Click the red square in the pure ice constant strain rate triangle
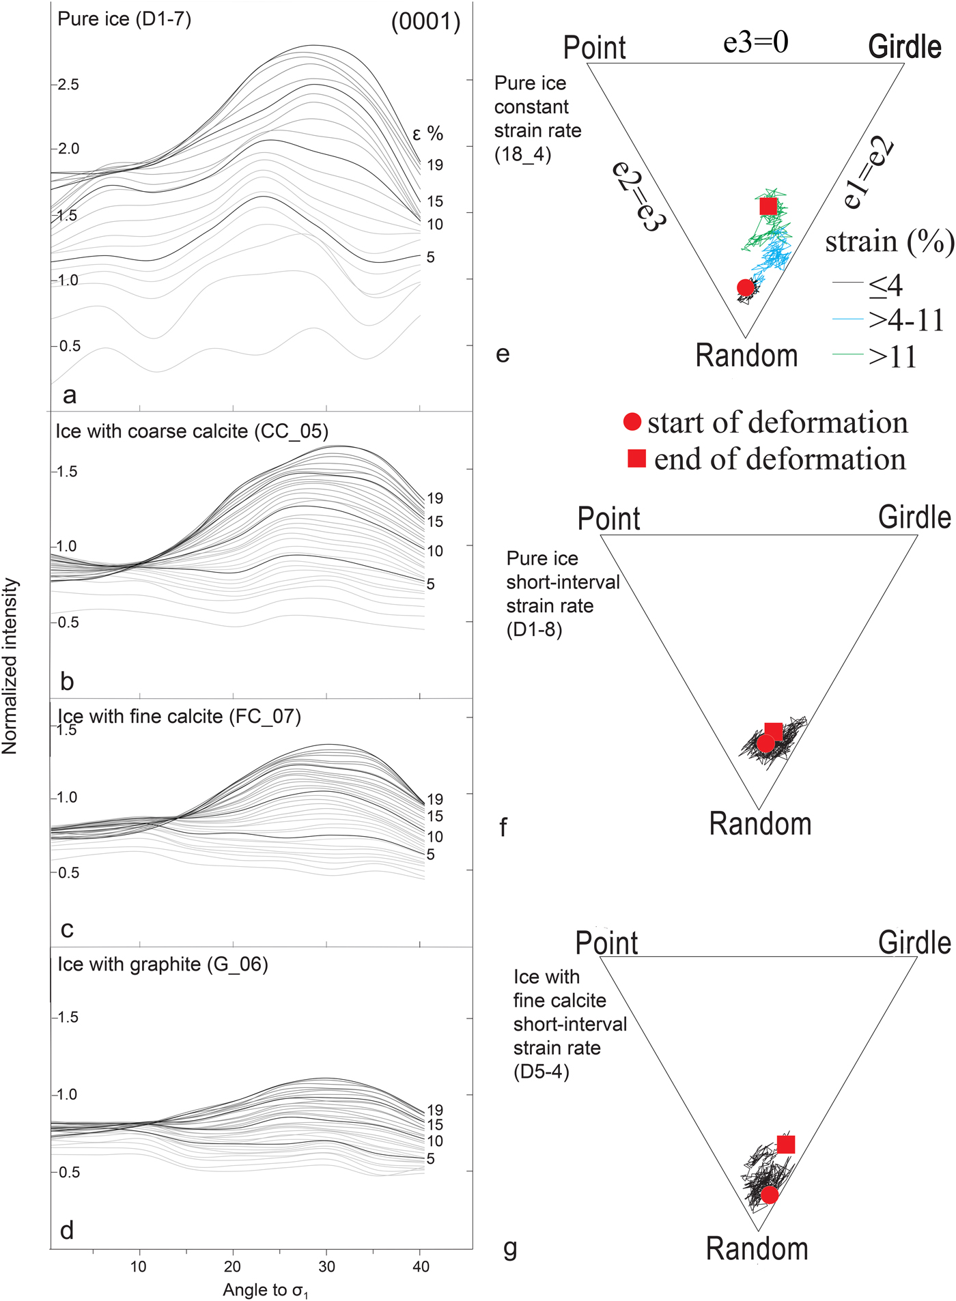(x=768, y=205)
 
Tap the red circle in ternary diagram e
(x=746, y=288)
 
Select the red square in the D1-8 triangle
(x=773, y=732)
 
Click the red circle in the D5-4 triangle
(x=770, y=1195)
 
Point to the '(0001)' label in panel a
(x=425, y=22)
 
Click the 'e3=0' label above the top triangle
(x=755, y=42)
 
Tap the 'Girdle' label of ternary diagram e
(x=905, y=47)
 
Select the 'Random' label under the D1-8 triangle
(x=760, y=824)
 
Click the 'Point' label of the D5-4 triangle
(x=606, y=943)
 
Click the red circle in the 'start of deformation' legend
(x=632, y=422)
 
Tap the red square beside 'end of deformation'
(x=636, y=459)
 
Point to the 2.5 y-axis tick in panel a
(x=68, y=85)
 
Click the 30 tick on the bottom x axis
(x=326, y=1267)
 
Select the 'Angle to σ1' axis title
(x=266, y=1290)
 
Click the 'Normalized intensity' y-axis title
(x=10, y=666)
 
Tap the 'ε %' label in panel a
(x=428, y=134)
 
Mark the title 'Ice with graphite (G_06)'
(x=163, y=964)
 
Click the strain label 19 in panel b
(x=435, y=498)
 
